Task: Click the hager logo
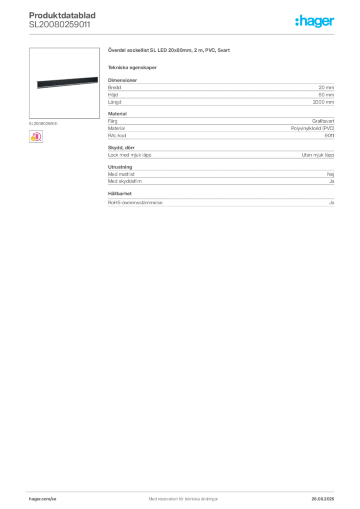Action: click(314, 21)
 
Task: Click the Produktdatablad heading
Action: click(62, 15)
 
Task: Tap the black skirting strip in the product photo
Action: click(67, 83)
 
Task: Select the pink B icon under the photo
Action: click(36, 137)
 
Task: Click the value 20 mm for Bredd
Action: click(326, 87)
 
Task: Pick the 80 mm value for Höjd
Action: click(326, 95)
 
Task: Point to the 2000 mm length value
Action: click(323, 102)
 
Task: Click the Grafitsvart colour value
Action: click(323, 121)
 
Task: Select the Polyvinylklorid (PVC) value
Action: click(313, 128)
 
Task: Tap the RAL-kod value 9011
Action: click(329, 136)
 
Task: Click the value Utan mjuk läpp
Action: click(318, 155)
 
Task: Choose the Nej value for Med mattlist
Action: click(331, 174)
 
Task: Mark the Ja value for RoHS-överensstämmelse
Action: click(332, 203)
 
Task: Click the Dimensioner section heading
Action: click(122, 80)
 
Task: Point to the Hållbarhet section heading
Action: click(120, 193)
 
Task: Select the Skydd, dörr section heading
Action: click(121, 148)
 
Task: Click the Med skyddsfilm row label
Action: click(125, 181)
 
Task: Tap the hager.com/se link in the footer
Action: click(43, 499)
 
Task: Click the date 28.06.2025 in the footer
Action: click(323, 499)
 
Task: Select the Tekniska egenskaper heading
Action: click(132, 68)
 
